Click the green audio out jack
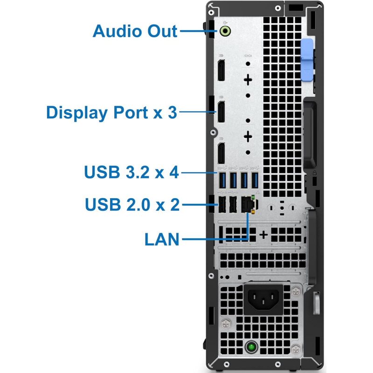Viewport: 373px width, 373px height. [226, 31]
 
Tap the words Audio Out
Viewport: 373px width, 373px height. [135, 31]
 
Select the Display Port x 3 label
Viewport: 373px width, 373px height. [112, 112]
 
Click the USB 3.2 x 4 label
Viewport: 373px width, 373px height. [131, 172]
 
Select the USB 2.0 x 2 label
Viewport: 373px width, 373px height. [132, 204]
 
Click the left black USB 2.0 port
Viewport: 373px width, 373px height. [222, 204]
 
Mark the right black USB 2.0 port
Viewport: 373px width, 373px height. [233, 204]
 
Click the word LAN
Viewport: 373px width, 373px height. [162, 240]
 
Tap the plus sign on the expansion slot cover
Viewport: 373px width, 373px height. [263, 235]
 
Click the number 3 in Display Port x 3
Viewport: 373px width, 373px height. [172, 112]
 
